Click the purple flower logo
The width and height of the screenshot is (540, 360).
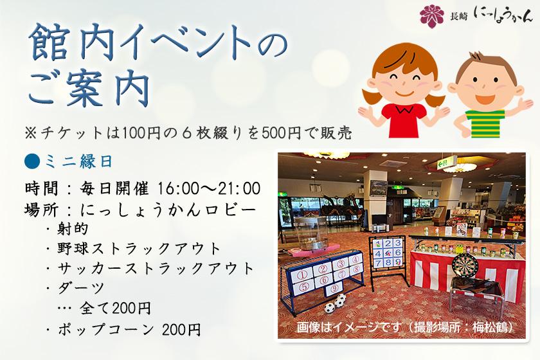click(432, 16)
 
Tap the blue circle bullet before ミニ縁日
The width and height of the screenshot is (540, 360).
click(32, 161)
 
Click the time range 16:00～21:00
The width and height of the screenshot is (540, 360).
click(209, 189)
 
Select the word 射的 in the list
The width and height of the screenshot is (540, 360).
click(73, 228)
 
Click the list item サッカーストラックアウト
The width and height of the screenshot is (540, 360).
click(156, 268)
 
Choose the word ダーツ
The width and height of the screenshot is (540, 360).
click(80, 287)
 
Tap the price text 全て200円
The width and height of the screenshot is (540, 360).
click(115, 308)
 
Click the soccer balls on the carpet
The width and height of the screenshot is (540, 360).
click(335, 303)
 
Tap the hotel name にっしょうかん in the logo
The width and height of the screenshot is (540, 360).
click(503, 15)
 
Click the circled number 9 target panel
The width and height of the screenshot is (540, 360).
click(334, 289)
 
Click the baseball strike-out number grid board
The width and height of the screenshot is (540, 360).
click(388, 253)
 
